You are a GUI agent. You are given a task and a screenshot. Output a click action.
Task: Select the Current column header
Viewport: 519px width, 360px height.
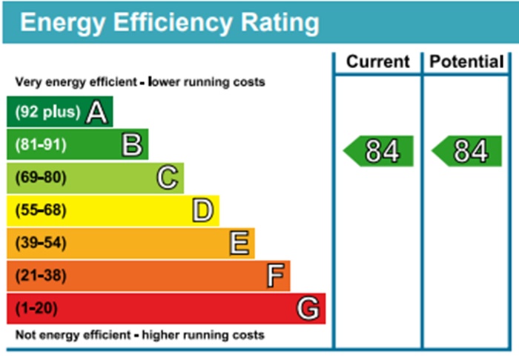click(377, 62)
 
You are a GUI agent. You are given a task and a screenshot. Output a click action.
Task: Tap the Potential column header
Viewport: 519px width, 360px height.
click(467, 62)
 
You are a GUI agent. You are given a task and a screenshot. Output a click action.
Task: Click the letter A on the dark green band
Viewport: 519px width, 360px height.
click(97, 113)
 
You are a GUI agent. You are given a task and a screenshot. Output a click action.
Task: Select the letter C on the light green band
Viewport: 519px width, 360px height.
click(168, 178)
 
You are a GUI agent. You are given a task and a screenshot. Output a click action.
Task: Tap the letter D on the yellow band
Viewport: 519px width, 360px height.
click(203, 210)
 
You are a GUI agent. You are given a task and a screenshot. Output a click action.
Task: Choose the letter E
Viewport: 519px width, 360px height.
click(239, 243)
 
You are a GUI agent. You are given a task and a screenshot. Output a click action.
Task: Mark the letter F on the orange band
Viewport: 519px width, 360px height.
click(275, 276)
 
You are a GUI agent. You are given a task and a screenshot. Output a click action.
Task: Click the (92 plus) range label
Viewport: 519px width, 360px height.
click(47, 113)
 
